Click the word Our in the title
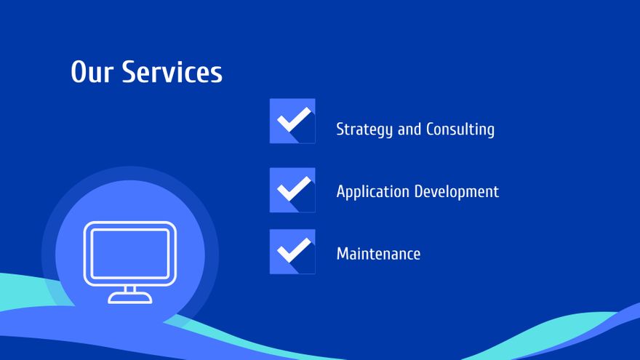coord(92,72)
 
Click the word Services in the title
coord(172,71)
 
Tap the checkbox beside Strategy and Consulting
coord(292,121)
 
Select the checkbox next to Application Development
coord(292,191)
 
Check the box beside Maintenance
coord(292,252)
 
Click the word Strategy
coord(364,129)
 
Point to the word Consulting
coord(460,129)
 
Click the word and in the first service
coord(409,129)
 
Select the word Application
coord(372,191)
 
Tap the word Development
coord(457,191)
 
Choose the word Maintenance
coord(378,254)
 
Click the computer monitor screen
coord(129,254)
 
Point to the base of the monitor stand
coord(129,298)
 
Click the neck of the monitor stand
coord(129,289)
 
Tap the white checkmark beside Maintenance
coord(294,249)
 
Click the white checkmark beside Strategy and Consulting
coord(294,119)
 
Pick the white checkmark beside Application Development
coord(294,188)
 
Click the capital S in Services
coord(130,72)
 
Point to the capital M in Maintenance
coord(343,254)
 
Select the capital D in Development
coord(420,191)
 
